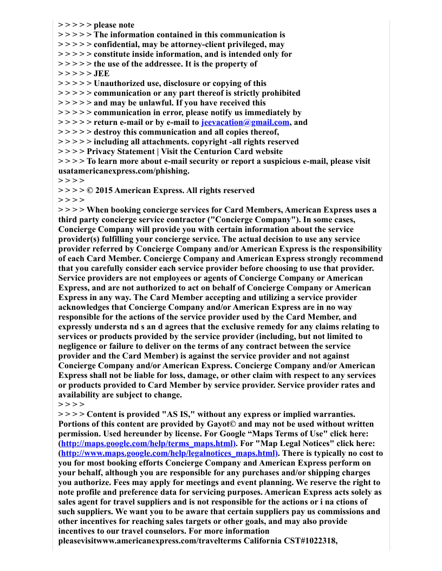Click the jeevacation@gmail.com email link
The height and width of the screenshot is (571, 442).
click(x=245, y=122)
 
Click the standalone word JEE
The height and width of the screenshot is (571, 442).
click(x=101, y=74)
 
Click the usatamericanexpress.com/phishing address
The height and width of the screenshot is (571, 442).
click(x=124, y=171)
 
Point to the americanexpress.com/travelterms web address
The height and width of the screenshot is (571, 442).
click(x=167, y=541)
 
